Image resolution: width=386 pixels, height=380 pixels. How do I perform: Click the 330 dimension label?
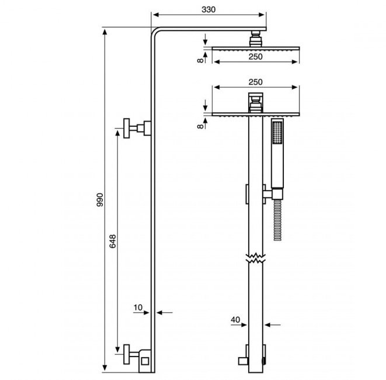[x=208, y=9]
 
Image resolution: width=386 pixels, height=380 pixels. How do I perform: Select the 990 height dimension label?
[x=100, y=199]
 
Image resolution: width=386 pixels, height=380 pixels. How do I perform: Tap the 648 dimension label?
[x=113, y=241]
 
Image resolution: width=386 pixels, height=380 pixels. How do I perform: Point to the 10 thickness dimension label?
[x=138, y=308]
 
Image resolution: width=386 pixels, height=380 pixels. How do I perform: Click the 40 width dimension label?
[x=235, y=320]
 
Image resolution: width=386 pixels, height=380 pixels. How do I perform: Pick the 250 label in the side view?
[x=256, y=57]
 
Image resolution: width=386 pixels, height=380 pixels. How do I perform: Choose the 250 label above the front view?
[x=256, y=82]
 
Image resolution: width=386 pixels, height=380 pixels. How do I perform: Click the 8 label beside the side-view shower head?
[x=201, y=60]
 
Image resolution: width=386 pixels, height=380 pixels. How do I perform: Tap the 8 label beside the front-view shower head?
[x=201, y=126]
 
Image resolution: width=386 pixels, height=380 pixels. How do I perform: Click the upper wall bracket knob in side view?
[x=127, y=128]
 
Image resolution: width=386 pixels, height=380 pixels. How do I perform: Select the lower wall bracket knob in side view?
[x=127, y=354]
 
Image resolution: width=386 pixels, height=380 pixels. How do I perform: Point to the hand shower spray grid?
[x=277, y=132]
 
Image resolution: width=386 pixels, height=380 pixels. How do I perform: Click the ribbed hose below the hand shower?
[x=277, y=220]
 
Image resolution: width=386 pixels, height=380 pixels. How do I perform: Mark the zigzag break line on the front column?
[x=256, y=258]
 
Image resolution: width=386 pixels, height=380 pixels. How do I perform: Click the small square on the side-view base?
[x=145, y=361]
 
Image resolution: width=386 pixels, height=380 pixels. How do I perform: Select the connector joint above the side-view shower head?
[x=256, y=39]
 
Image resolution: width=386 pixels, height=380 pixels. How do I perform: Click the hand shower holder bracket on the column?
[x=273, y=194]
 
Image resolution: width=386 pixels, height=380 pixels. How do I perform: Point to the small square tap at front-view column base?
[x=242, y=361]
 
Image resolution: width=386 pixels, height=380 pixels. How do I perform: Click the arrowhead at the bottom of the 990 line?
[x=105, y=368]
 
